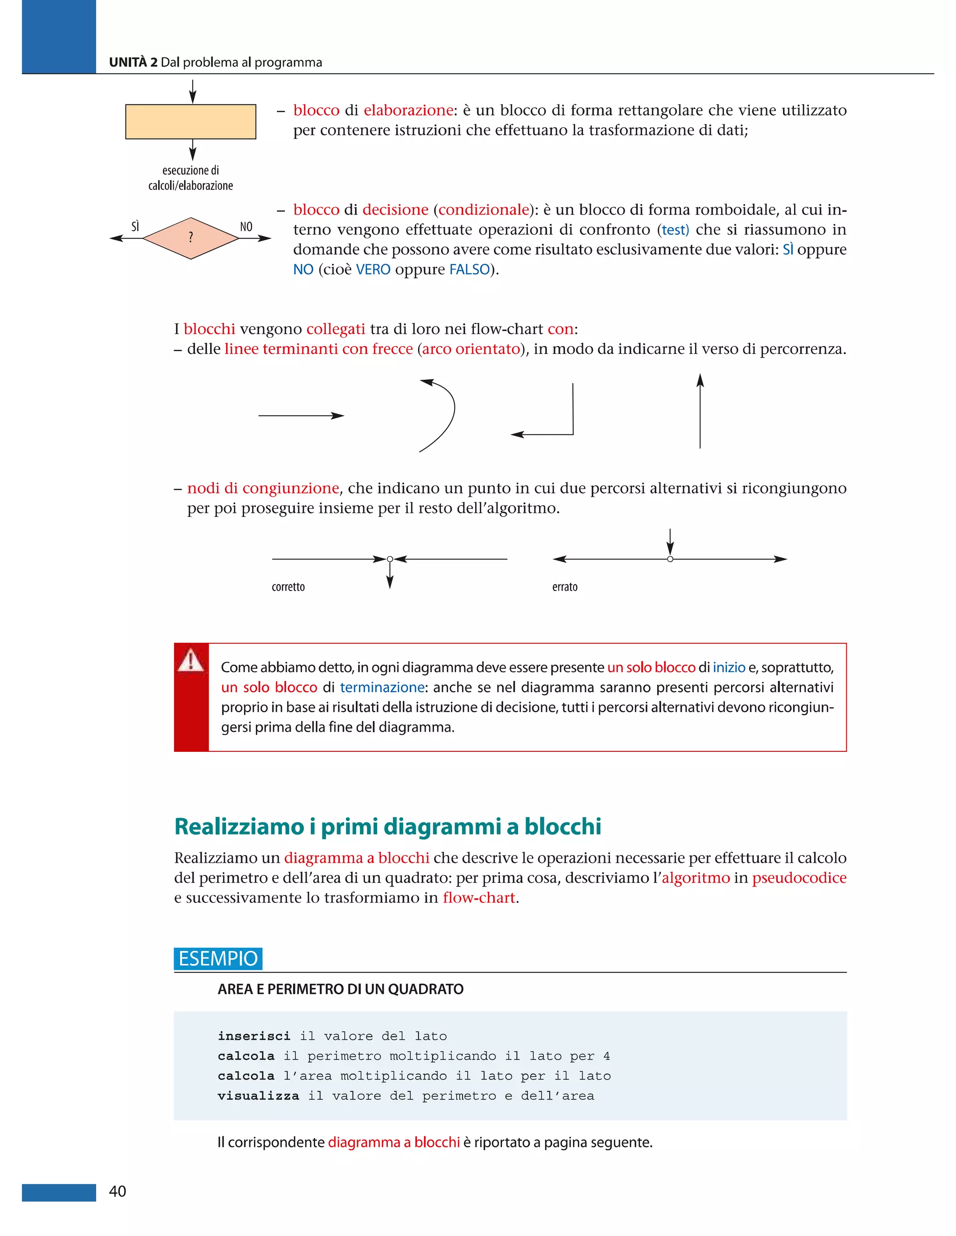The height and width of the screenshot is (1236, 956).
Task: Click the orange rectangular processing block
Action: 190,122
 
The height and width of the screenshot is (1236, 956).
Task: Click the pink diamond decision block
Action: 190,238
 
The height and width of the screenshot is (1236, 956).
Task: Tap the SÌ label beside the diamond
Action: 135,227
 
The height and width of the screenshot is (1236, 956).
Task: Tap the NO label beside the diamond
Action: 246,227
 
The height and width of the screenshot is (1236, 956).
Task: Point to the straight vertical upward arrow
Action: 700,411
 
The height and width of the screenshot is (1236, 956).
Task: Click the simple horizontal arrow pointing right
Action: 301,416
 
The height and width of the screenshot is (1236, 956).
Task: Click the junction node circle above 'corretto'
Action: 390,559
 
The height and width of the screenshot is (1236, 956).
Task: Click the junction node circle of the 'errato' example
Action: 670,559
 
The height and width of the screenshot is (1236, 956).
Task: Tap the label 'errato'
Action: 565,587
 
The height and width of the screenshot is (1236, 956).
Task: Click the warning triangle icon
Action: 191,660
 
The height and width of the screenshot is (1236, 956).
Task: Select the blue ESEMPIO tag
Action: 218,958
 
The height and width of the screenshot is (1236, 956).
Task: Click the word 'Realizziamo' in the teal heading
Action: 239,827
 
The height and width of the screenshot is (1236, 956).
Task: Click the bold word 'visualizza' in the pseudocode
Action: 258,1096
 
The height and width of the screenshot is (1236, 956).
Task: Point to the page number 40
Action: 117,1191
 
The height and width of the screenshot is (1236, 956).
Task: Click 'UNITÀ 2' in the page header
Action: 133,62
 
